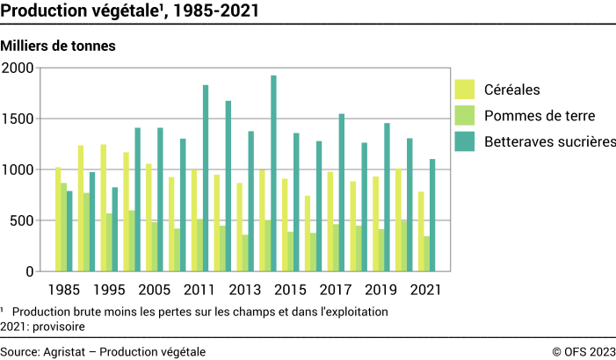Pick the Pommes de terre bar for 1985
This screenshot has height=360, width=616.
pyautogui.click(x=64, y=227)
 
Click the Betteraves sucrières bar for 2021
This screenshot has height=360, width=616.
pyautogui.click(x=432, y=215)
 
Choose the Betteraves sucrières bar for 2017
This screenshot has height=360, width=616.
pyautogui.click(x=342, y=192)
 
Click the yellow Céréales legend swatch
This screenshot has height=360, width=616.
pyautogui.click(x=465, y=90)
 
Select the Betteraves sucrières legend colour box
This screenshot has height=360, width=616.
pyautogui.click(x=465, y=141)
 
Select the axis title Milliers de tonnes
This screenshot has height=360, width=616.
pyautogui.click(x=59, y=45)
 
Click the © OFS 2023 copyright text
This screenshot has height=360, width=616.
pyautogui.click(x=583, y=351)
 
